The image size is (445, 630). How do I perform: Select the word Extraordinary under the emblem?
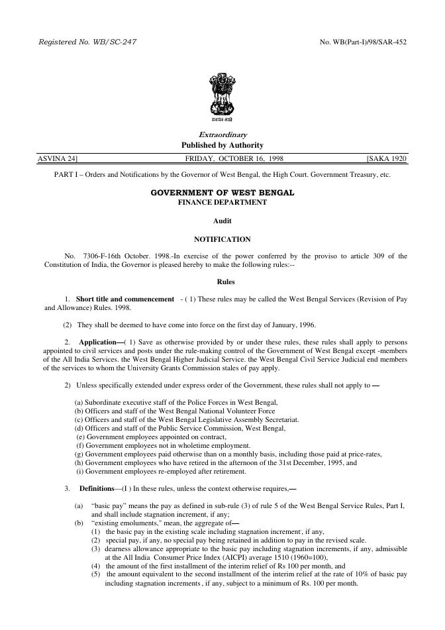222,134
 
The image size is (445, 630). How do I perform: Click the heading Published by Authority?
222,145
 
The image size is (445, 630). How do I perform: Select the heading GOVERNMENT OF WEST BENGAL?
222,192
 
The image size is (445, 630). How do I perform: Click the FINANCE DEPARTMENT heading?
222,202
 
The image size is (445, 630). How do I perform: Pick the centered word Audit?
222,221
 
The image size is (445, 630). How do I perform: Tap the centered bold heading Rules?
222,281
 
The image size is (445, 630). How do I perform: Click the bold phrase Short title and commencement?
125,299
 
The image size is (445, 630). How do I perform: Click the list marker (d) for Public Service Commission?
79,429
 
